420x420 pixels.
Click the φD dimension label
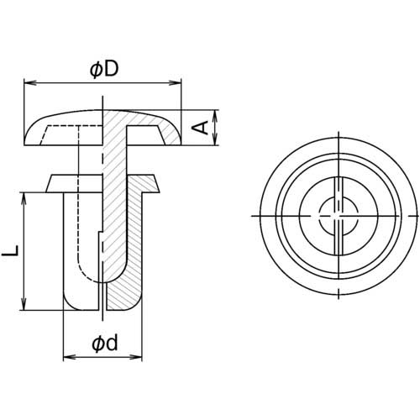click(x=102, y=71)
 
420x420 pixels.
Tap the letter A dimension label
click(x=200, y=128)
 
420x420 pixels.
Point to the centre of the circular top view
click(x=333, y=218)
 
